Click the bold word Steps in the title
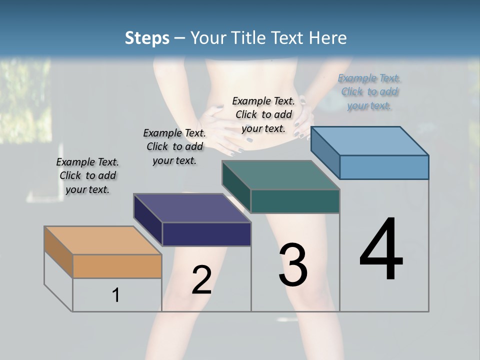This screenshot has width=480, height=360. pyautogui.click(x=147, y=38)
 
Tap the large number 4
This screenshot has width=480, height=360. pyautogui.click(x=381, y=249)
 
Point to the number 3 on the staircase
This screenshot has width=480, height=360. pyautogui.click(x=293, y=264)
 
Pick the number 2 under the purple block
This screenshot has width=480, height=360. pyautogui.click(x=201, y=280)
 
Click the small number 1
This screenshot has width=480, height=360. pyautogui.click(x=116, y=295)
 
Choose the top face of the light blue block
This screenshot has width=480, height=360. pyautogui.click(x=370, y=141)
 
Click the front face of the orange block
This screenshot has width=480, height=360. pyautogui.click(x=117, y=266)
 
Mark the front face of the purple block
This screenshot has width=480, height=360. pyautogui.click(x=206, y=234)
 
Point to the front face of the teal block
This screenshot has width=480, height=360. pyautogui.click(x=295, y=201)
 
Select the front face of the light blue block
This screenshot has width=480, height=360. pyautogui.click(x=384, y=167)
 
